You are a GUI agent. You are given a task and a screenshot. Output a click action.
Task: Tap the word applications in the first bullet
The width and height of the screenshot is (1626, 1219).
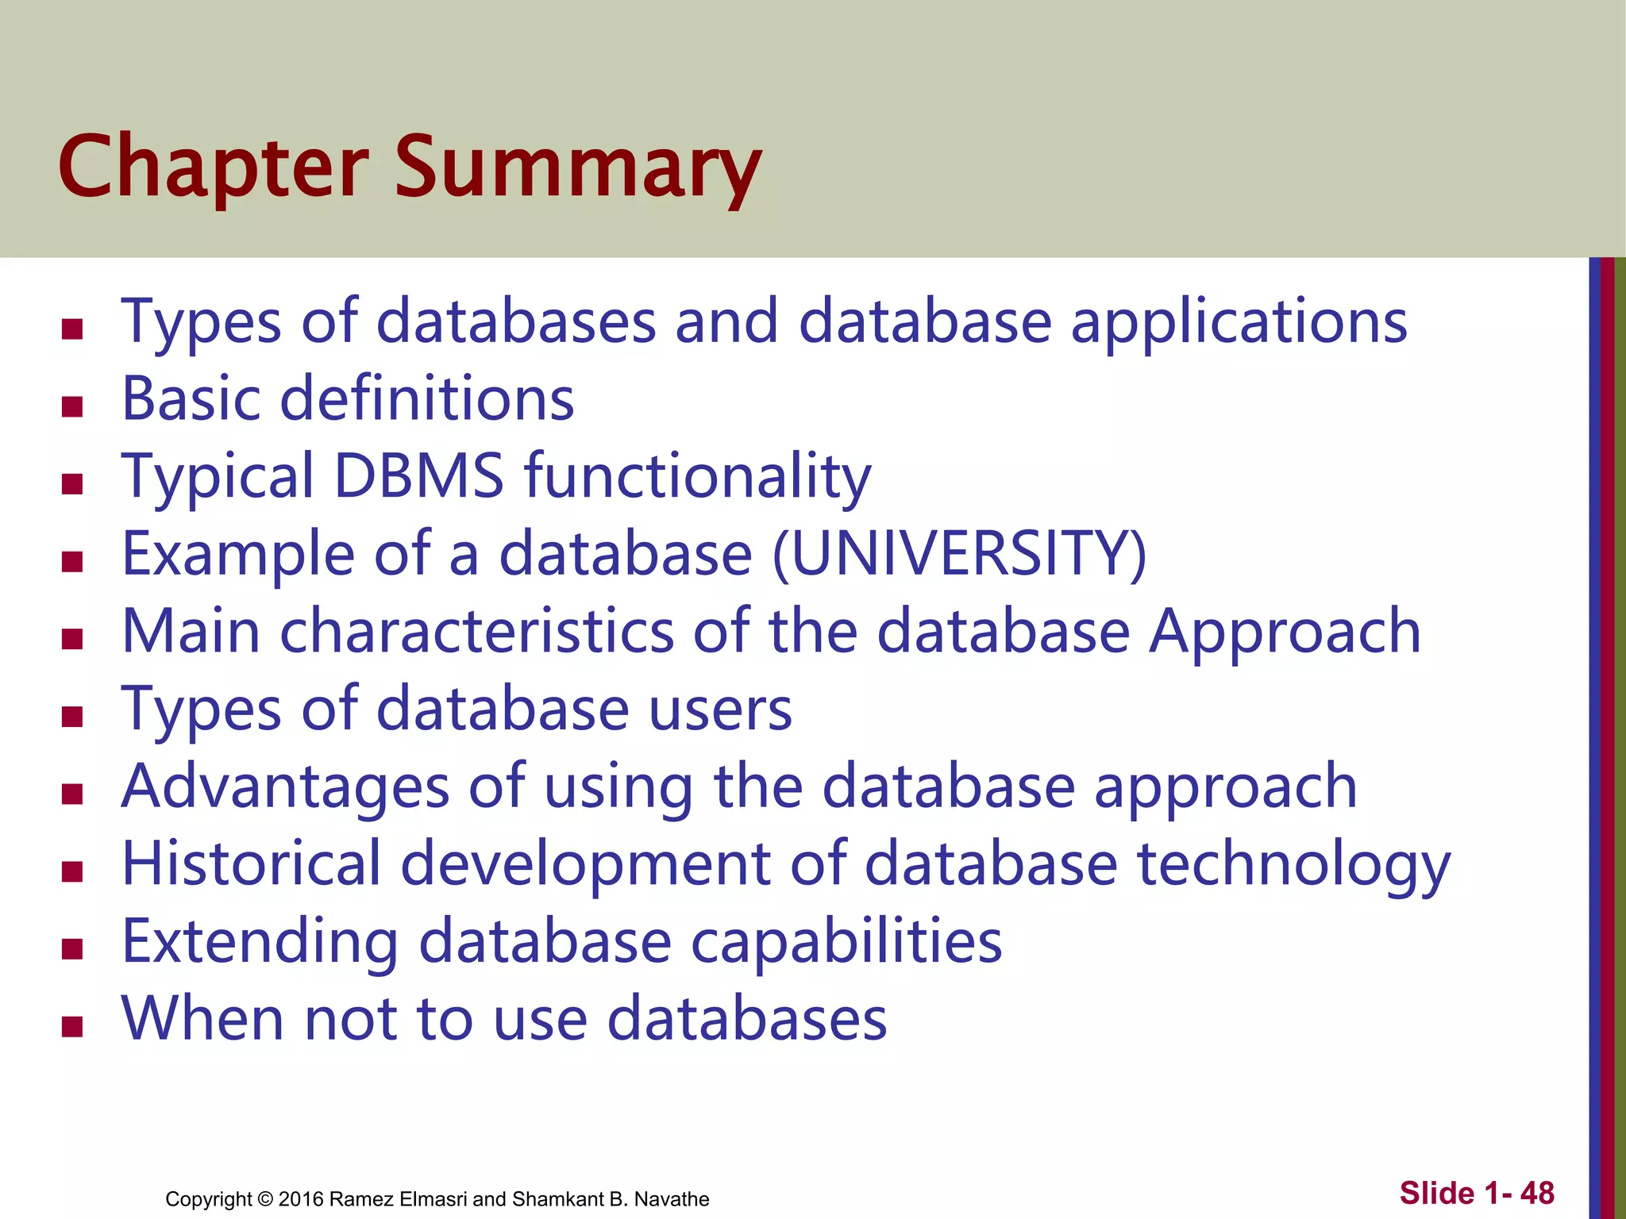(1239, 322)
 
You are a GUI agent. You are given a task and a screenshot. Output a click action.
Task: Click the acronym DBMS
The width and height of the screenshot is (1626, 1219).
(418, 476)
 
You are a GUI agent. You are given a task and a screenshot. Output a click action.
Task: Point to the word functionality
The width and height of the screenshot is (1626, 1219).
(698, 476)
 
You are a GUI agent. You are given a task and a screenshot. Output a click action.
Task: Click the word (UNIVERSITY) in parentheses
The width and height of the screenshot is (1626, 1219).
(959, 553)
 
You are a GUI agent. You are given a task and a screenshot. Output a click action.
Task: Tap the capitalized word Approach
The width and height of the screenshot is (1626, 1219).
(1285, 631)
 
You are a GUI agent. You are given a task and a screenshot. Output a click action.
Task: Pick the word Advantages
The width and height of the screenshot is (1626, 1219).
(285, 786)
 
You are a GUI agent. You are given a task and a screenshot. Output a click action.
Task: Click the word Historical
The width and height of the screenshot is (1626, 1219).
(251, 863)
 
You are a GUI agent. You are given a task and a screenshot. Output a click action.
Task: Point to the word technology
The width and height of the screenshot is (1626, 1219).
(1293, 863)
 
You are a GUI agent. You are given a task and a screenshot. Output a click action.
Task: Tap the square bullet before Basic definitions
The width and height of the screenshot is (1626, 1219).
(72, 406)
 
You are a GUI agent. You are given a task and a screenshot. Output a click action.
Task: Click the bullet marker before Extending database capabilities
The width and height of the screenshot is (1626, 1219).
(72, 949)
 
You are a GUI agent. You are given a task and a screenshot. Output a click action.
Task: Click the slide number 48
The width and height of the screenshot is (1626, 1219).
(1537, 1193)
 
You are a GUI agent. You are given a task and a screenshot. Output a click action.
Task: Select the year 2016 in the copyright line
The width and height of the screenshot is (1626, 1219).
(301, 1199)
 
